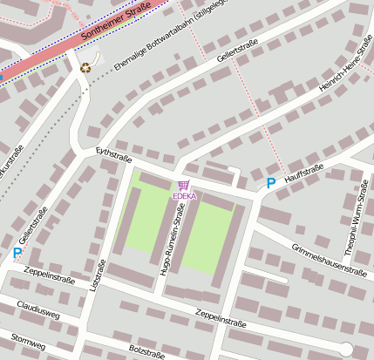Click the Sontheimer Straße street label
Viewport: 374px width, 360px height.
click(x=116, y=24)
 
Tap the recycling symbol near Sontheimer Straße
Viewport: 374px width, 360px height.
click(x=85, y=67)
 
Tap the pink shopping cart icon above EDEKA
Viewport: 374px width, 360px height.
click(x=183, y=185)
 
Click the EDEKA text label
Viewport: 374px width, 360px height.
click(x=184, y=196)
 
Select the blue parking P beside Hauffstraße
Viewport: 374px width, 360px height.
click(x=270, y=184)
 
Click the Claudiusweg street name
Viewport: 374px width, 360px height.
click(x=38, y=311)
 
